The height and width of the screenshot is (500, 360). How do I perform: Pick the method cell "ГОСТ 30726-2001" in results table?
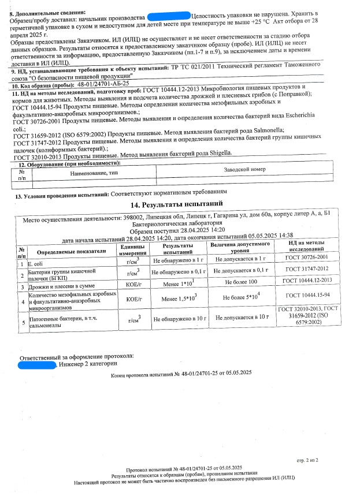click(x=307, y=256)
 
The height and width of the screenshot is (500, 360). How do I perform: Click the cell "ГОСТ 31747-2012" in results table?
click(x=307, y=269)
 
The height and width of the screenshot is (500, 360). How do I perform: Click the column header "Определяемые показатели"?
click(x=72, y=252)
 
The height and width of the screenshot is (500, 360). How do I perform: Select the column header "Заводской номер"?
click(x=244, y=170)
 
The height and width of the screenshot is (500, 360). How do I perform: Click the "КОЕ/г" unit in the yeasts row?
click(x=133, y=283)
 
